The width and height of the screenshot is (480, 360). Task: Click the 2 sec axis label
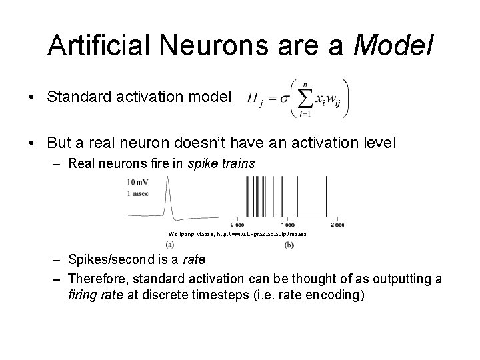click(337, 225)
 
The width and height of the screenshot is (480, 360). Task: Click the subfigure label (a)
click(180, 245)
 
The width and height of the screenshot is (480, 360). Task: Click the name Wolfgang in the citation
click(181, 234)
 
